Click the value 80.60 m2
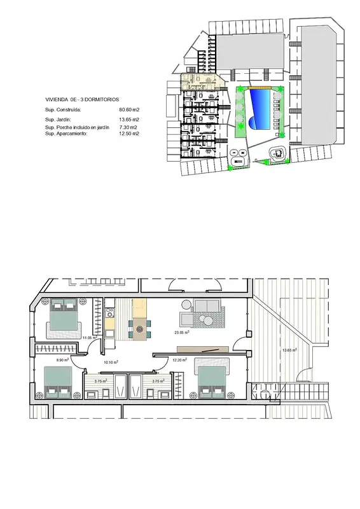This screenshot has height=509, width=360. (129, 109)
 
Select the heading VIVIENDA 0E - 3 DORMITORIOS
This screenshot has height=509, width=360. (82, 100)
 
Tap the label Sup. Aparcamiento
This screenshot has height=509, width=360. (66, 134)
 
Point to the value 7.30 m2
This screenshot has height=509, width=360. (128, 127)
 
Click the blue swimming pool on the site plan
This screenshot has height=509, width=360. (260, 109)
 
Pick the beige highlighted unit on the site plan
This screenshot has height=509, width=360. (202, 82)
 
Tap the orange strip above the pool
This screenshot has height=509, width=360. (260, 87)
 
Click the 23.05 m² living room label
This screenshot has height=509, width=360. (182, 332)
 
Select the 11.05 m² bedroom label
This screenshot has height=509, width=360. (90, 338)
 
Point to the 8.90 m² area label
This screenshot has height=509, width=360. (62, 359)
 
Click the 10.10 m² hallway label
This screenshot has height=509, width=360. (111, 362)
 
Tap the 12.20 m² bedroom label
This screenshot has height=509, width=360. (179, 359)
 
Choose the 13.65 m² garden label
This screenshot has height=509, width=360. (289, 351)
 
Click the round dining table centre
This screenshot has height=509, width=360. (140, 329)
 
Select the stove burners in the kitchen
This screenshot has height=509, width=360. (109, 313)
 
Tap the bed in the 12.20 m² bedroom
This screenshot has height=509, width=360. (212, 379)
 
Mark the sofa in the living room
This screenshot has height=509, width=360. (207, 305)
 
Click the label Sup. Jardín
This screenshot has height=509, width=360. (58, 120)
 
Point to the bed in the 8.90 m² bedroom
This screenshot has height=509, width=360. (58, 382)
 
